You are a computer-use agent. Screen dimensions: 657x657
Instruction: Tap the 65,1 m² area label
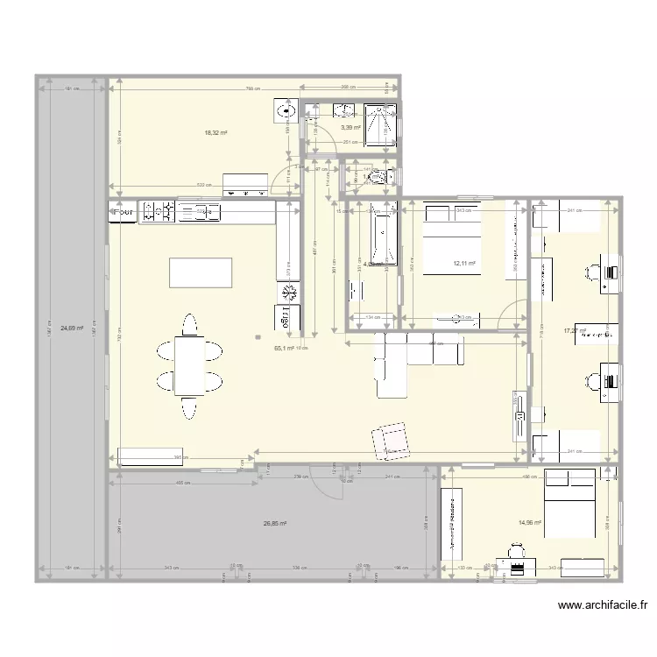[x=284, y=348]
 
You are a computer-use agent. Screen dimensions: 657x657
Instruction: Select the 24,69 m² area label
[x=72, y=329]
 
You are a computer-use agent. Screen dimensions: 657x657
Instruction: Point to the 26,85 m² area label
[x=275, y=524]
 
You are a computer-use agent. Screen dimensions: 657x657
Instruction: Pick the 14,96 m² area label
[x=529, y=523]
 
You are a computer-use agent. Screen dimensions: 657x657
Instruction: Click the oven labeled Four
[x=124, y=211]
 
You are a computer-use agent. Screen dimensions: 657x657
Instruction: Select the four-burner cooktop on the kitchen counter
[x=159, y=211]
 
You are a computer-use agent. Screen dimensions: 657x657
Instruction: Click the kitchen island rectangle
[x=201, y=272]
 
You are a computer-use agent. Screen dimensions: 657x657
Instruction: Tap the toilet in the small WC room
[x=382, y=177]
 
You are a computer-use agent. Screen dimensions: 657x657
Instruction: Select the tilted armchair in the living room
[x=391, y=440]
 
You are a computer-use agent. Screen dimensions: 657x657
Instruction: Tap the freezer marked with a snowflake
[x=288, y=292]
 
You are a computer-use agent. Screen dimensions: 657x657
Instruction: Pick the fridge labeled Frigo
[x=286, y=319]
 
